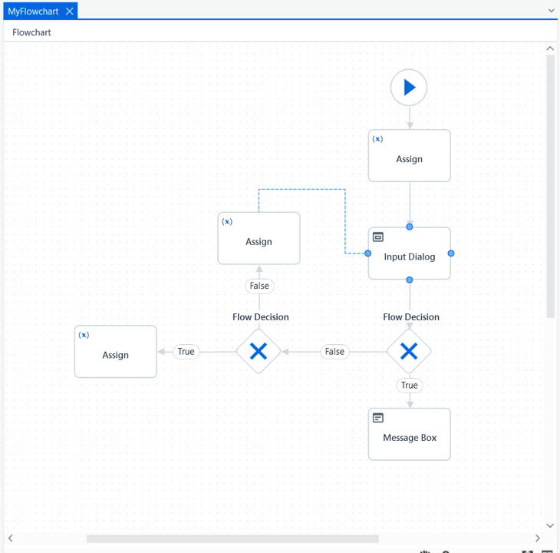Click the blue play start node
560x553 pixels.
409,88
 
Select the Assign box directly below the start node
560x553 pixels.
410,155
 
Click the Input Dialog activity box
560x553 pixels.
410,253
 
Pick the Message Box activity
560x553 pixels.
410,434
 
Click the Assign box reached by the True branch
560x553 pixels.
115,352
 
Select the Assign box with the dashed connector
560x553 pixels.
259,238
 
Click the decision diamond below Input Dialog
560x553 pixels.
409,351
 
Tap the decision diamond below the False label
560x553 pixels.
259,351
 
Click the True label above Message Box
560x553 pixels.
410,386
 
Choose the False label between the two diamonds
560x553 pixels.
334,352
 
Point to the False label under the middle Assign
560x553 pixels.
259,286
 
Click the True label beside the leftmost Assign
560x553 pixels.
186,352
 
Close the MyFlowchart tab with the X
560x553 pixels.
70,12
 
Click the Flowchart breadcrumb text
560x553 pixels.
31,32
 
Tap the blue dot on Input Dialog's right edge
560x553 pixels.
451,253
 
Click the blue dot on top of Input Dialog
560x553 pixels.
410,227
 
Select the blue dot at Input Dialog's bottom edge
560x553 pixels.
410,280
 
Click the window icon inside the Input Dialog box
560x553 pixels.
378,237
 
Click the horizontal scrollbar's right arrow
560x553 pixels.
538,538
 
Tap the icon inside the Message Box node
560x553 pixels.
378,418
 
